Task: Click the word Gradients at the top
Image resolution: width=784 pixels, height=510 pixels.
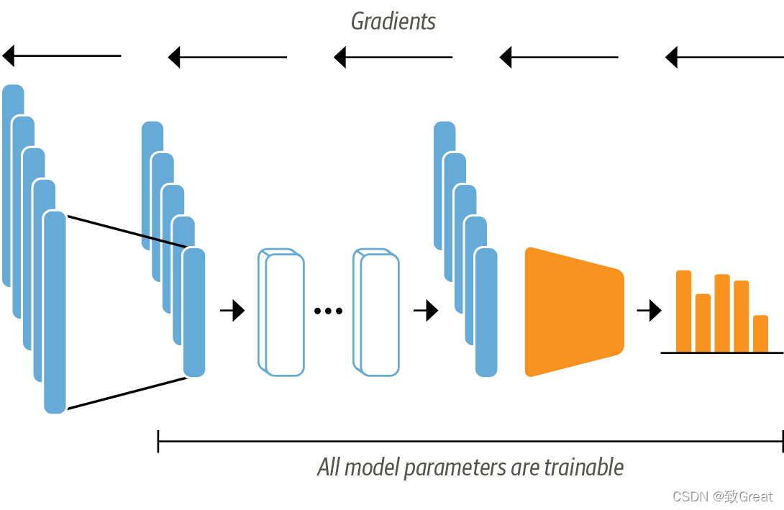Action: coord(393,21)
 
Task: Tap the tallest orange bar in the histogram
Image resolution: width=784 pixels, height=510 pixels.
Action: coord(683,311)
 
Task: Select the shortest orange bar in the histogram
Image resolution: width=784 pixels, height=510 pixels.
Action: coord(760,334)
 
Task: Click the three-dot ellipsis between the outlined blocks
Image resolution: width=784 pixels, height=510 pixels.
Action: coord(328,311)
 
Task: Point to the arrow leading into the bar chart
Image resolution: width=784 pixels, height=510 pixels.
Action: coord(649,311)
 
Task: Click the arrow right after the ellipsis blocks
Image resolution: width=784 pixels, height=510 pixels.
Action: coord(426,311)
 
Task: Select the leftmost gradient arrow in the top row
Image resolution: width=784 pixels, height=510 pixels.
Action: coord(62,55)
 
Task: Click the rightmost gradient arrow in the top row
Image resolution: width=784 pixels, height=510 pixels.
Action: coord(724,55)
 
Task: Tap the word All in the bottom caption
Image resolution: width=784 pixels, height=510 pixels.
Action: coord(329,468)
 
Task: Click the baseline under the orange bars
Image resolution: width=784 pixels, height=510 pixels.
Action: coord(721,352)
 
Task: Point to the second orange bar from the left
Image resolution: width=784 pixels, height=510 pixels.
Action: coord(703,322)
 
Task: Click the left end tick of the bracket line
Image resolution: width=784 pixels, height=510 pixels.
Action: coord(158,441)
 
